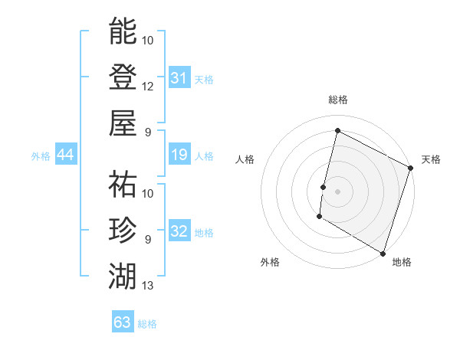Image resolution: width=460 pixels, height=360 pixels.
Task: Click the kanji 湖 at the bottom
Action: [x=123, y=275]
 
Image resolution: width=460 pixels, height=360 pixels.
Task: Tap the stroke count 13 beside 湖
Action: [x=148, y=286]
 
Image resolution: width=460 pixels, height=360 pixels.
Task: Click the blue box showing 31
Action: [x=179, y=77]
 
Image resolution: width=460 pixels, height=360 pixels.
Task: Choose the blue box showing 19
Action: [x=179, y=155]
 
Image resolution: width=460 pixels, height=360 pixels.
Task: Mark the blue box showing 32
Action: [x=179, y=232]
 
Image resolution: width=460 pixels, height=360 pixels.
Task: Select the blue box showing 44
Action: [x=66, y=155]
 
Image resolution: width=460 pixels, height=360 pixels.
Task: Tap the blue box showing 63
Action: [x=123, y=322]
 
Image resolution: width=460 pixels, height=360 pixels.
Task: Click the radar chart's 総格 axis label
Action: [x=337, y=100]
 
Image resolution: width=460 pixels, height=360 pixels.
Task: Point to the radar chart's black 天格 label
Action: [x=431, y=159]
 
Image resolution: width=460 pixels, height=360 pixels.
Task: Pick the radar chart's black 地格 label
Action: [x=402, y=262]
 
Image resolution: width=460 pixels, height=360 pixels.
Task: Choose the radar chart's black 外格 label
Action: [x=270, y=262]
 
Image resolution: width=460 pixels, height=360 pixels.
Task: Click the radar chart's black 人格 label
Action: [x=245, y=159]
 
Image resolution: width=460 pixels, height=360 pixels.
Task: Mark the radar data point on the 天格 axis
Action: [x=411, y=168]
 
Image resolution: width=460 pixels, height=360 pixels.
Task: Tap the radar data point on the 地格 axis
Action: [x=383, y=253]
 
